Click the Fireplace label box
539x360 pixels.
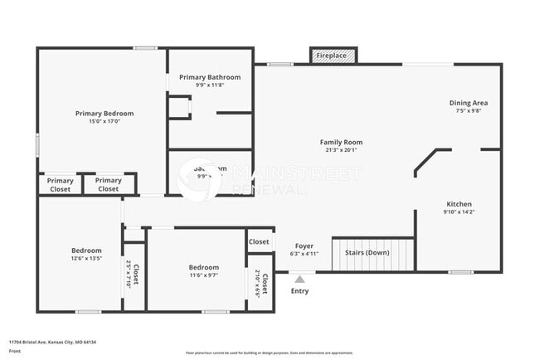tap(334, 56)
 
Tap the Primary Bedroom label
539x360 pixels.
tap(104, 114)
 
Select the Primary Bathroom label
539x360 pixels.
tap(210, 77)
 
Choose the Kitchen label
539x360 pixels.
tap(459, 204)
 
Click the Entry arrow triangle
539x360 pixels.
tap(299, 280)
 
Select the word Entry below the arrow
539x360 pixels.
tap(299, 291)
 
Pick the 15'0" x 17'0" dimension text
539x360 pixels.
tap(104, 121)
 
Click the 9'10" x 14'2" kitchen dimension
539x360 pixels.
tap(459, 212)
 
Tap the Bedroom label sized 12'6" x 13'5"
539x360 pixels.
tap(86, 251)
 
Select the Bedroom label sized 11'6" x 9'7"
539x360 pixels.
tap(203, 267)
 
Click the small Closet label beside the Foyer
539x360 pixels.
tap(259, 241)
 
